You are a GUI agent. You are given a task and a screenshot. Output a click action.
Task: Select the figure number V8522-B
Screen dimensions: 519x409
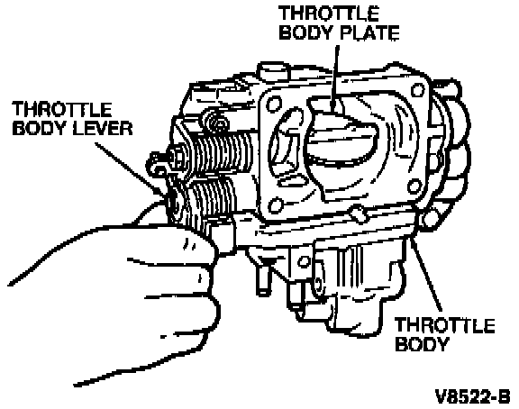(x=473, y=396)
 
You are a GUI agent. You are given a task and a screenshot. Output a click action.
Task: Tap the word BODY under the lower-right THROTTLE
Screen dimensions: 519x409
(x=421, y=343)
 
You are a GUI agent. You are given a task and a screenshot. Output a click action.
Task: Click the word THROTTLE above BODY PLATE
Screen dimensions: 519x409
(x=329, y=14)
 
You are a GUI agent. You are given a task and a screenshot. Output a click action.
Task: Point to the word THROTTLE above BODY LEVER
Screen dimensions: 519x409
(x=62, y=109)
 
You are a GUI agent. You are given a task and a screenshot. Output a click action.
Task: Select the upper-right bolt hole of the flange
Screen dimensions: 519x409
(x=418, y=90)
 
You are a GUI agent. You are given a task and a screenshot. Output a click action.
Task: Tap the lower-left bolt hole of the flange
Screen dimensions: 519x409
(x=276, y=205)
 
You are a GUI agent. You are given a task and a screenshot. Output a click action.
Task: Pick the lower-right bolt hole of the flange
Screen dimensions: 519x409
(x=414, y=186)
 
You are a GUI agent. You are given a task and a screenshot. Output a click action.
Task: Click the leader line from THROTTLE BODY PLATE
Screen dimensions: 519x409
(x=334, y=78)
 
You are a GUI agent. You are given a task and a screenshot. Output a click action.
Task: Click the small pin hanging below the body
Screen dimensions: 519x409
(x=263, y=277)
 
